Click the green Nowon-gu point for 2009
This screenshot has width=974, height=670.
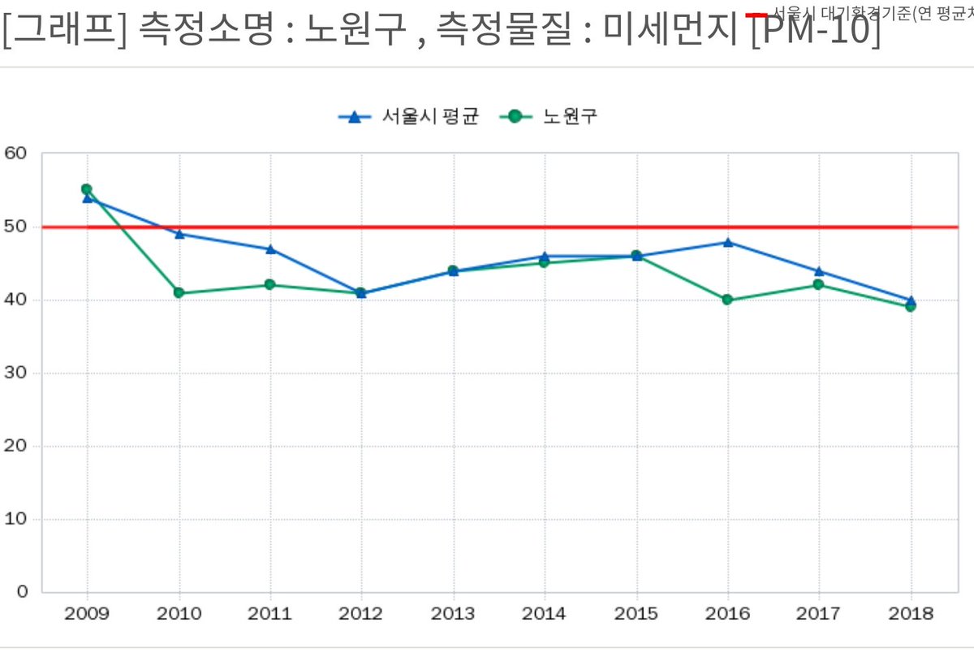[87, 189]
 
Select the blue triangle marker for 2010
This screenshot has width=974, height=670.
[179, 234]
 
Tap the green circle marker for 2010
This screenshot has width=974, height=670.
[179, 293]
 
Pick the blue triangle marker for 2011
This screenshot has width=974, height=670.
[270, 249]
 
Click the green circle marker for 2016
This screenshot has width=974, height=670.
[727, 300]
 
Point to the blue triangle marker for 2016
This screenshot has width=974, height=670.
[728, 242]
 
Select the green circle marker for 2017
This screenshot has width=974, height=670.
[818, 284]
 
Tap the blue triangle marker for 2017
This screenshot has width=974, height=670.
[819, 271]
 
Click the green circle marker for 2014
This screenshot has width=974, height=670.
[545, 262]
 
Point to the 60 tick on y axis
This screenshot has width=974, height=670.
[16, 153]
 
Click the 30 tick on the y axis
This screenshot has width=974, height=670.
[16, 373]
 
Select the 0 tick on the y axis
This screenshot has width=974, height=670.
[23, 591]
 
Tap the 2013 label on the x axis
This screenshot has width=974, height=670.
[453, 614]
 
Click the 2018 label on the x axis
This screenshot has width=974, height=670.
[911, 614]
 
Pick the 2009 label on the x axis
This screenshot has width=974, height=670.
[87, 614]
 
